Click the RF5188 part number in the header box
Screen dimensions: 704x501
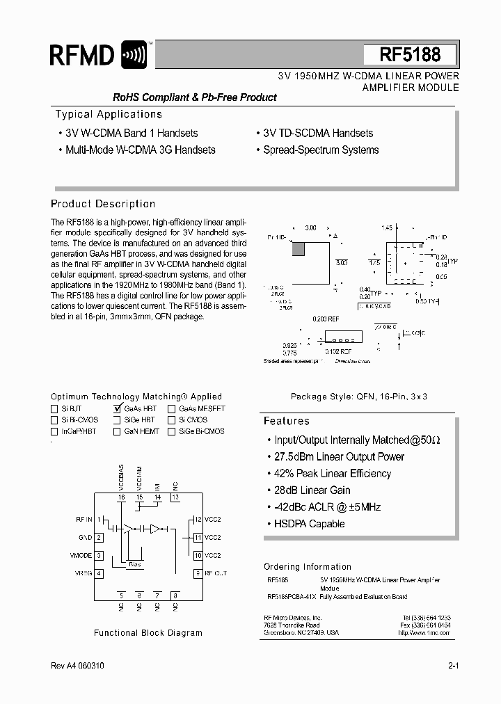coord(410,54)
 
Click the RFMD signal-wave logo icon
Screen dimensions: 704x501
coord(134,54)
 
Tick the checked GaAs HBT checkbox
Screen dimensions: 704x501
coord(117,409)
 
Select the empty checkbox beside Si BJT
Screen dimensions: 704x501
coord(55,409)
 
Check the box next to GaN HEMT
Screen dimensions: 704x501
coord(117,431)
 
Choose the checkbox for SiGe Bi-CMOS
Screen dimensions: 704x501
coord(171,431)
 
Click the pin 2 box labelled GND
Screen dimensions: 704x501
coord(100,537)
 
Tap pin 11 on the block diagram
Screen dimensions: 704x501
coord(198,537)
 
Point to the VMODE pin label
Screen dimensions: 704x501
coord(81,555)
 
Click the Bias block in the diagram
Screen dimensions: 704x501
coord(135,564)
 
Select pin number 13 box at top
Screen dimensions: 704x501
coord(175,497)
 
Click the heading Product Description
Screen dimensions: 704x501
coord(103,204)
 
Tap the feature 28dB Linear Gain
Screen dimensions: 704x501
coord(312,490)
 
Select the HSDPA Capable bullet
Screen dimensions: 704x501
coord(309,524)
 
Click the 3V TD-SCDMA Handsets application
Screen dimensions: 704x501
coord(318,133)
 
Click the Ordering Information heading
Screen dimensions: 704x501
coord(307,566)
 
